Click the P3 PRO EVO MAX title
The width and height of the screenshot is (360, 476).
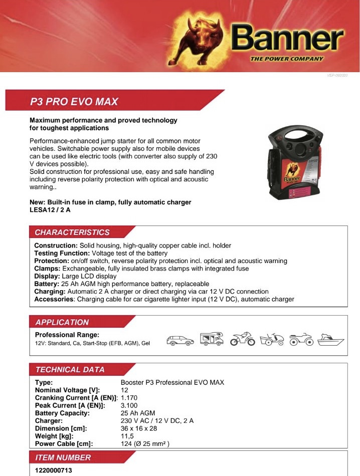[74, 102]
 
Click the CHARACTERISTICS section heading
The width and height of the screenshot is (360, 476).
[72, 232]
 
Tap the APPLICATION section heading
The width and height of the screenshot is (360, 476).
[62, 322]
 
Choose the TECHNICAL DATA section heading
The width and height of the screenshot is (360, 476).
[70, 370]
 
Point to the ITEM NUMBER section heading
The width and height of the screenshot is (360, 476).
[63, 457]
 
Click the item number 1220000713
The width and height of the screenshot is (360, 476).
[54, 470]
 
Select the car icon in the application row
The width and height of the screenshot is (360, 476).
[180, 340]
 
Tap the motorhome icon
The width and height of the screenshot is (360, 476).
[212, 339]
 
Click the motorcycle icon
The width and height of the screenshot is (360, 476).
[242, 340]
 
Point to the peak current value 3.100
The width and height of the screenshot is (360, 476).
[129, 405]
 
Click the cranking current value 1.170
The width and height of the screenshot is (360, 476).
[129, 398]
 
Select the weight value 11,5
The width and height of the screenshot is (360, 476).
[127, 436]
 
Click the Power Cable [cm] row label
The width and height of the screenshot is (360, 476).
[64, 443]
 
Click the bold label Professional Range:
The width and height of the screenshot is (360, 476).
[67, 334]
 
